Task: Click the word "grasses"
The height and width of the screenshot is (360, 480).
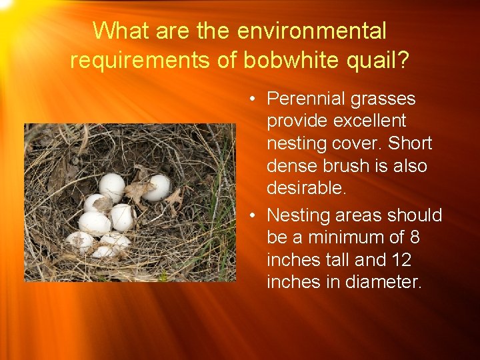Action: (x=386, y=99)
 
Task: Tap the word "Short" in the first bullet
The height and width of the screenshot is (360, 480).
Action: (x=410, y=143)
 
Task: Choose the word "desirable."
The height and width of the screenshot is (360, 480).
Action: (x=307, y=189)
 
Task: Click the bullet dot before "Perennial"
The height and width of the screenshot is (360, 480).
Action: (x=255, y=99)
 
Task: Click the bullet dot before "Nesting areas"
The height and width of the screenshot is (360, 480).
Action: (x=255, y=216)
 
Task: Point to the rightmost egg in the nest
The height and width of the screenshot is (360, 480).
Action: (x=157, y=187)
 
